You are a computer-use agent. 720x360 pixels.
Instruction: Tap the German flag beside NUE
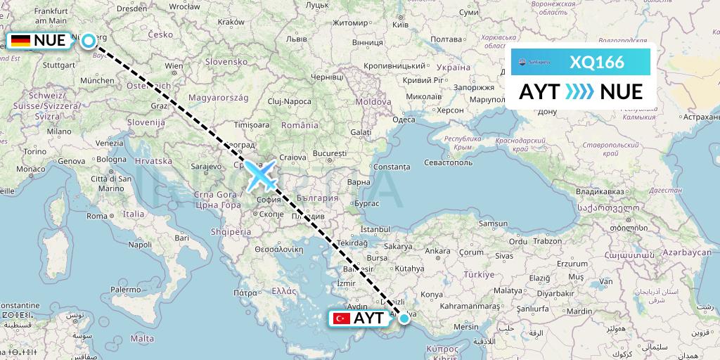[x=20, y=41]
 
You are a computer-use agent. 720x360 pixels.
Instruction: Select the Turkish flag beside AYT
[x=342, y=319]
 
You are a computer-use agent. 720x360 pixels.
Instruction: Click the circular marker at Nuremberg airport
[x=88, y=40]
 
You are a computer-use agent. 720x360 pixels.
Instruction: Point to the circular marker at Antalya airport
[x=404, y=319]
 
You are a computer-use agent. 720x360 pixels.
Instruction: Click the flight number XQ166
[x=597, y=62]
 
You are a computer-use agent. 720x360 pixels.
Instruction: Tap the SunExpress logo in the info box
[x=535, y=62]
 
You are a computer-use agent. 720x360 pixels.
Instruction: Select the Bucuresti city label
[x=330, y=153]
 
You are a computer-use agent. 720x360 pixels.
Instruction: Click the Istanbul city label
[x=375, y=229]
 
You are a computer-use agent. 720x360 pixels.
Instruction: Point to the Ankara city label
[x=437, y=250]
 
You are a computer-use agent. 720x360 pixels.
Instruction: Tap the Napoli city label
[x=140, y=244]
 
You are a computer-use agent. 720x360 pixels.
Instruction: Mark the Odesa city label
[x=404, y=119]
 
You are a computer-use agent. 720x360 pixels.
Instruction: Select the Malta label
[x=143, y=338]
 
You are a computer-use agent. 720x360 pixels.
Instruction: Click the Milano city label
[x=59, y=131]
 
